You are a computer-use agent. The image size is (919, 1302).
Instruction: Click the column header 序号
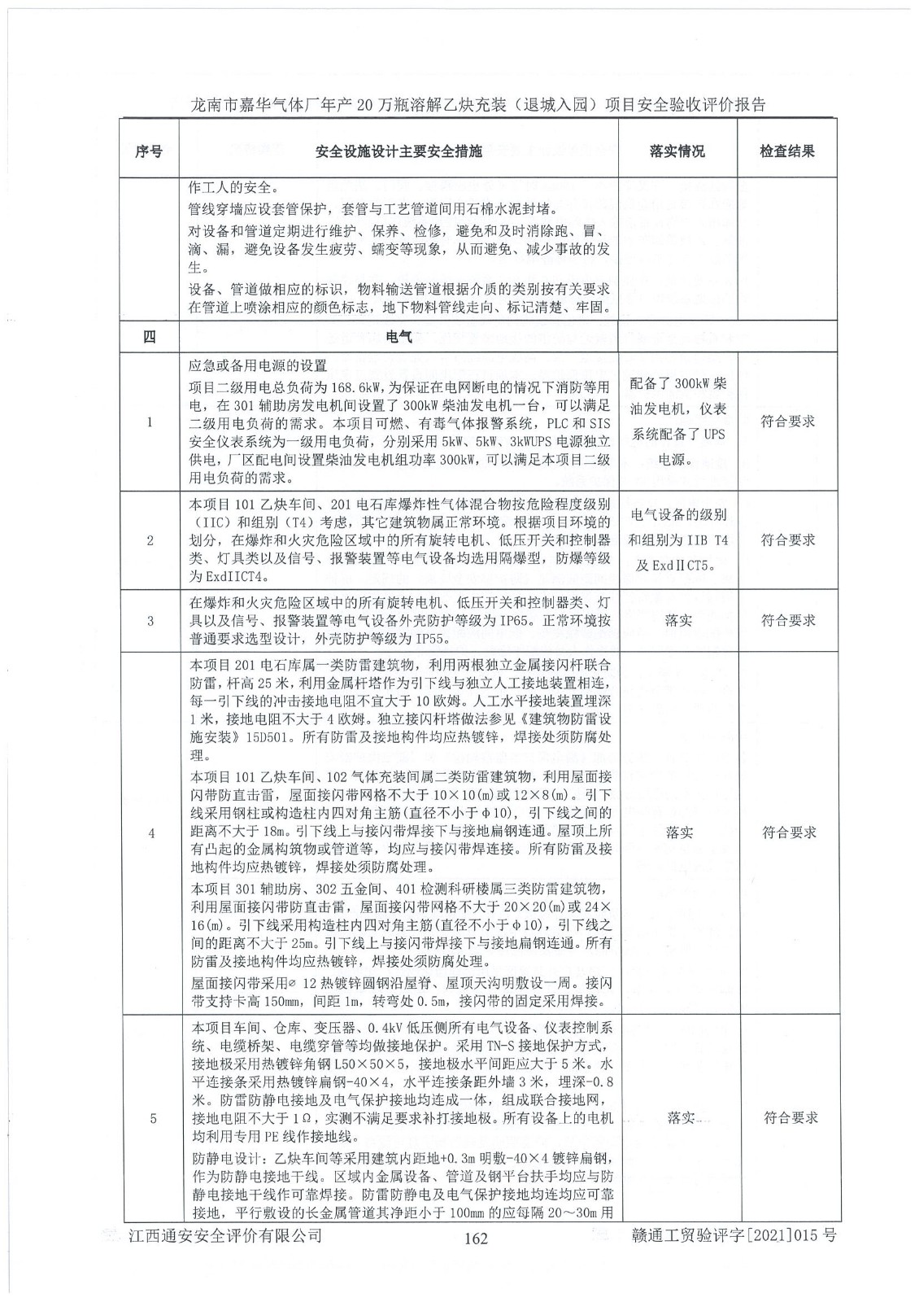click(x=149, y=151)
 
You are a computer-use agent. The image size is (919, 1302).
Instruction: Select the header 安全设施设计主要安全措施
click(x=399, y=151)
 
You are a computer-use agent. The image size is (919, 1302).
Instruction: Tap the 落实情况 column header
click(x=677, y=151)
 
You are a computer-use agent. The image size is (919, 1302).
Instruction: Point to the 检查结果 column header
click(x=787, y=151)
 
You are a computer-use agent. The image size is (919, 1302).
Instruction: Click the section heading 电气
click(x=399, y=338)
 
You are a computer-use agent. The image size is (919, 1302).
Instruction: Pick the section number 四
click(x=149, y=338)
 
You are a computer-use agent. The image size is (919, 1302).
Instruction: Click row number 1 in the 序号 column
click(x=149, y=422)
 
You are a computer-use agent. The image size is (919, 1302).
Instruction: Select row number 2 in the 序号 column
click(x=149, y=540)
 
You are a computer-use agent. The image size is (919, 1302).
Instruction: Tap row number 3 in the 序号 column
click(x=149, y=621)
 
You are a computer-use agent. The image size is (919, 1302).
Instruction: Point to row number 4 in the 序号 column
click(x=149, y=832)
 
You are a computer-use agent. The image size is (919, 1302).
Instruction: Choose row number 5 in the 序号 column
click(x=149, y=1117)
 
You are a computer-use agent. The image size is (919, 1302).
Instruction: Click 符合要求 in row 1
click(x=787, y=422)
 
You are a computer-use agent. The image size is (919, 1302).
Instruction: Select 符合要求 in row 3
click(x=787, y=621)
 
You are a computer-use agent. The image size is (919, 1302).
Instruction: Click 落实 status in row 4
click(x=678, y=832)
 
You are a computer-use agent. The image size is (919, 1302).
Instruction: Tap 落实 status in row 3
click(x=678, y=621)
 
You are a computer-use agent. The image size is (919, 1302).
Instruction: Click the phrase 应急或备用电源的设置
click(x=258, y=365)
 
